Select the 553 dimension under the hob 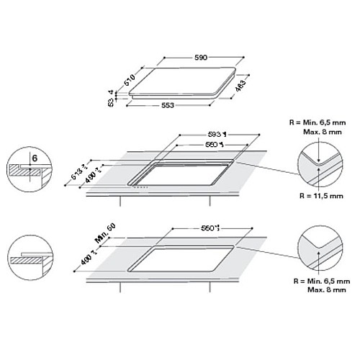coord(167,106)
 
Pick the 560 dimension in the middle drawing coord(211,144)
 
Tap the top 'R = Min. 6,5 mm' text coord(313,123)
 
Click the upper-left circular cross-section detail coord(27,170)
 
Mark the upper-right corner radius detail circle coord(319,163)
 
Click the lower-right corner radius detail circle coord(319,249)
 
